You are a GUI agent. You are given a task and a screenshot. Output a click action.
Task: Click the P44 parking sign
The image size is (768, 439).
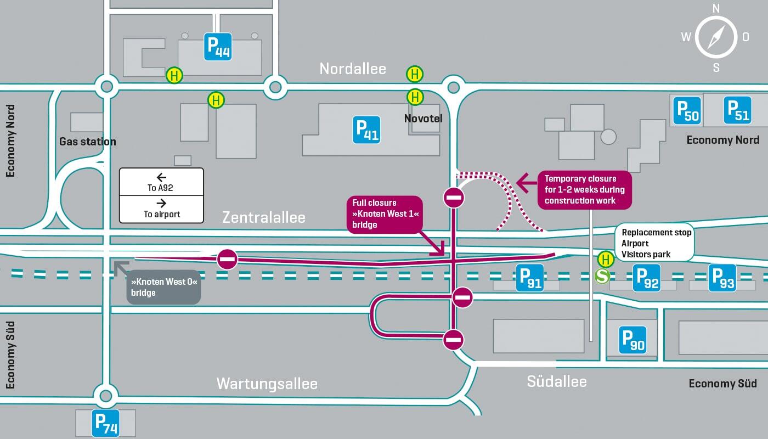click(x=218, y=47)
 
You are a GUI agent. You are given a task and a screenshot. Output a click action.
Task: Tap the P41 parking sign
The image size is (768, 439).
click(x=367, y=130)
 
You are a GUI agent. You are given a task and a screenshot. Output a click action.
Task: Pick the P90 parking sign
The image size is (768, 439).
click(x=633, y=340)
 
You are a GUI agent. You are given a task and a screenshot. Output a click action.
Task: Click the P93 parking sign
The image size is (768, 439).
click(x=722, y=278)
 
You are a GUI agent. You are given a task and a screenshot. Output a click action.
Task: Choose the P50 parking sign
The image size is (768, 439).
click(x=688, y=110)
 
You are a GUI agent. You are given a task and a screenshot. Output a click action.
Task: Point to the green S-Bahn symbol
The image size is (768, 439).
click(x=603, y=276)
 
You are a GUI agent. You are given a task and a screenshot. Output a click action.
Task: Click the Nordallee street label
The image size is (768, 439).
click(x=353, y=69)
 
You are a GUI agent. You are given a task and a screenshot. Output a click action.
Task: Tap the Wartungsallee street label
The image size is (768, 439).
click(x=267, y=383)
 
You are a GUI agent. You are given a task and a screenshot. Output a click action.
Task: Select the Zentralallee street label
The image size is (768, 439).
click(x=263, y=217)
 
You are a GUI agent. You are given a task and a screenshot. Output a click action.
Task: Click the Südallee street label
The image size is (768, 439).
click(x=557, y=381)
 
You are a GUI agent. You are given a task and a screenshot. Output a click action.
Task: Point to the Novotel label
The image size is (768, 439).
click(x=423, y=119)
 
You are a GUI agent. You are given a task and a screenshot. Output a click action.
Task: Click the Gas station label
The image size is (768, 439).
click(x=88, y=142)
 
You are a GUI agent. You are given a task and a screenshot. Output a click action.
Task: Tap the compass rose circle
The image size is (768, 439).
click(x=716, y=38)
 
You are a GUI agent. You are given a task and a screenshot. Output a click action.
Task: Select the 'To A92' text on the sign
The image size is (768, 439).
click(x=161, y=188)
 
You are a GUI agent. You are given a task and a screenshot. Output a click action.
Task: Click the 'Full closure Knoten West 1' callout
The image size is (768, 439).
click(x=385, y=214)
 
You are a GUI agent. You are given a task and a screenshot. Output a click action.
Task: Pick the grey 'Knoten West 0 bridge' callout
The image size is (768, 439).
click(x=163, y=287)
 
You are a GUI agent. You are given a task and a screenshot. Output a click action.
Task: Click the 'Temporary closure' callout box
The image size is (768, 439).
click(x=584, y=189)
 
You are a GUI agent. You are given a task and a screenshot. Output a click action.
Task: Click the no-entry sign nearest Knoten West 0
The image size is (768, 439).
click(x=227, y=259)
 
